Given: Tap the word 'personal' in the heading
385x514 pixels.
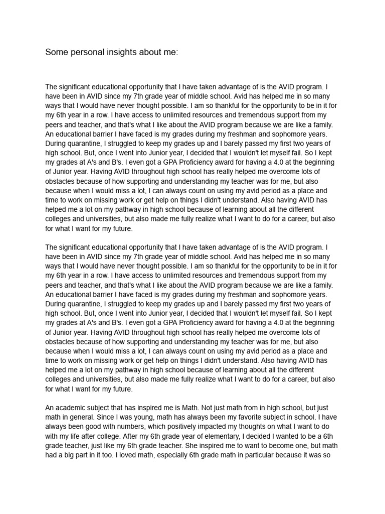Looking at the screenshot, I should click(87, 52).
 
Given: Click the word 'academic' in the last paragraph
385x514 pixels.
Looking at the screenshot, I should click(72, 408).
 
